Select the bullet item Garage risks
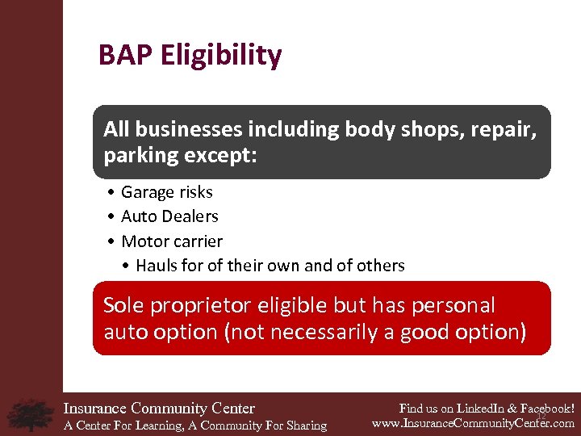(166, 192)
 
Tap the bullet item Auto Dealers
(169, 216)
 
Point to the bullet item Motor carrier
(171, 241)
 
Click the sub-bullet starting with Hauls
(270, 266)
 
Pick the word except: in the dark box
(219, 155)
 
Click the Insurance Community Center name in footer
(159, 409)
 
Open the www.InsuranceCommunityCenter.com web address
(473, 423)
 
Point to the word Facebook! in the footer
(546, 408)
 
